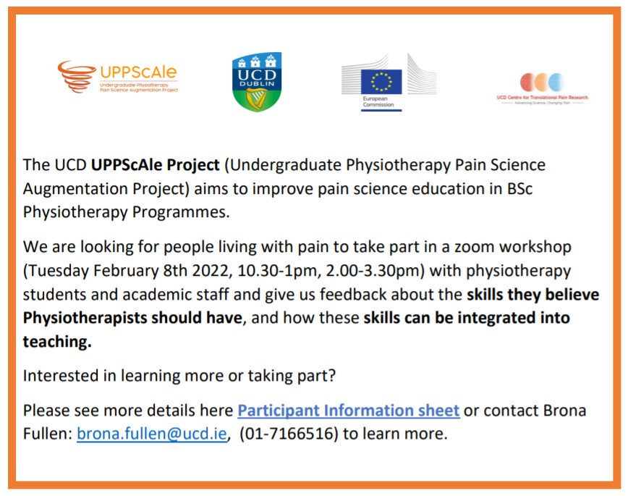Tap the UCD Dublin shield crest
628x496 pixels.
click(x=256, y=82)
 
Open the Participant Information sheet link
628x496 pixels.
click(x=349, y=411)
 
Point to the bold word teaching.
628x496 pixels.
click(x=57, y=342)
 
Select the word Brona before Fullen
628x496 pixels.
click(x=561, y=411)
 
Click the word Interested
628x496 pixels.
click(x=60, y=377)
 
